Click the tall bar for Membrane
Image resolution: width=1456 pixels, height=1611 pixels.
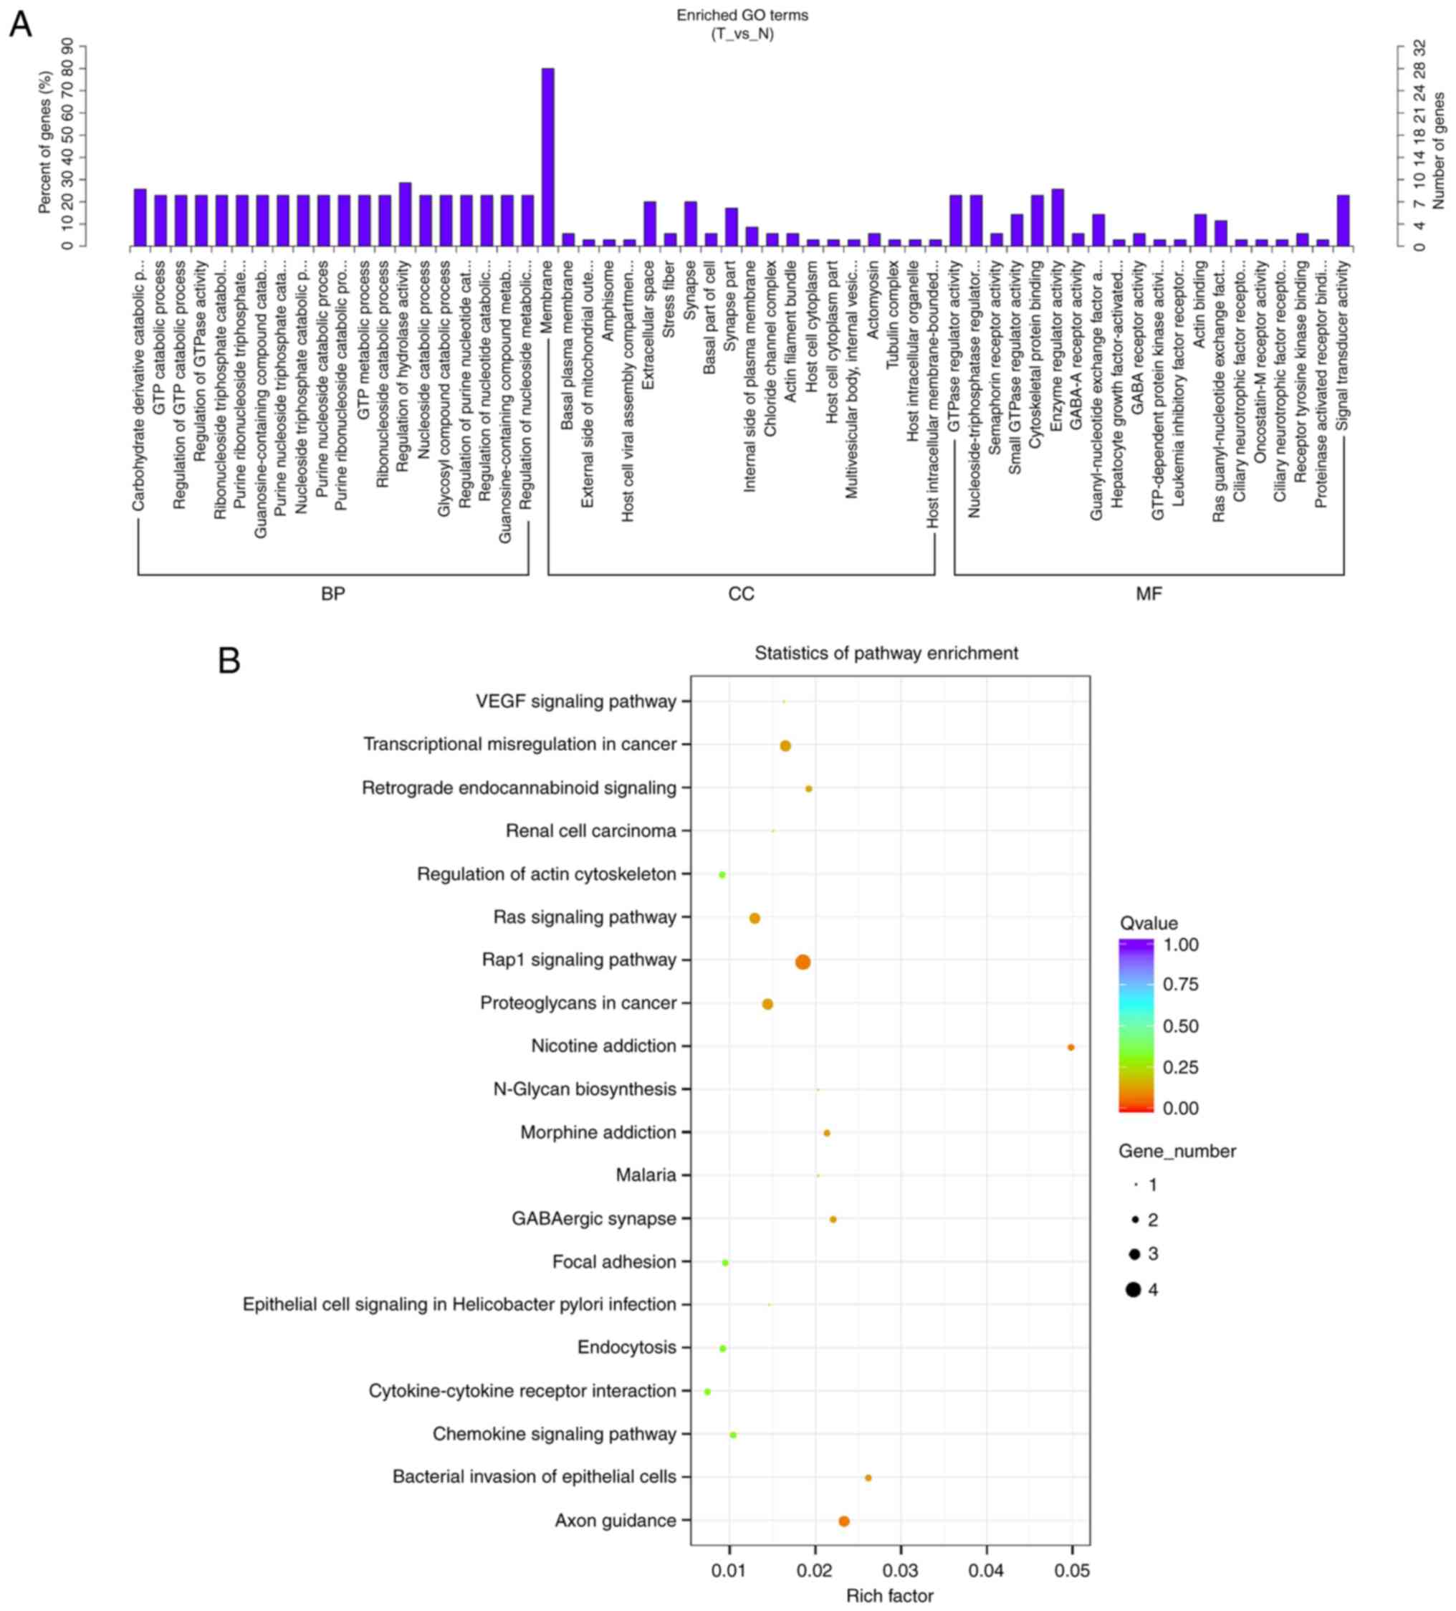(x=547, y=157)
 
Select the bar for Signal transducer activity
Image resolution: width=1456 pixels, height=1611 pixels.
(x=1343, y=220)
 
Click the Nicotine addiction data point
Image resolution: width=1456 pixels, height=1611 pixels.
(x=1070, y=1047)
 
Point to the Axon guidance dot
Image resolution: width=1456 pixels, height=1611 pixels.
(x=843, y=1521)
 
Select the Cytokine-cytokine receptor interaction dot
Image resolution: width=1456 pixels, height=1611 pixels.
(x=707, y=1391)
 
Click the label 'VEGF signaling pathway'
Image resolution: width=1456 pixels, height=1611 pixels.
(x=575, y=701)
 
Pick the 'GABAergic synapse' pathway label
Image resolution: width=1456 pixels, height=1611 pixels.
(x=594, y=1218)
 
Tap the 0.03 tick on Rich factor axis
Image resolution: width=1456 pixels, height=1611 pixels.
(x=901, y=1570)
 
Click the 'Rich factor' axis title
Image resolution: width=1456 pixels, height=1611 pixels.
(x=889, y=1596)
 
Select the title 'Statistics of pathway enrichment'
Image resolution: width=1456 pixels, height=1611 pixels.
(x=886, y=653)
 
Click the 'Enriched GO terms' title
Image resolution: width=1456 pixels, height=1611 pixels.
(x=742, y=15)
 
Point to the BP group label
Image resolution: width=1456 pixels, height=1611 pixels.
(x=332, y=594)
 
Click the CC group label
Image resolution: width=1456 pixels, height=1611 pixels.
(x=741, y=594)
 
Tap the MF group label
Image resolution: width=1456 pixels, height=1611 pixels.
(x=1149, y=594)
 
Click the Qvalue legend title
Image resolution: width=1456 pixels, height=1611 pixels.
(x=1149, y=923)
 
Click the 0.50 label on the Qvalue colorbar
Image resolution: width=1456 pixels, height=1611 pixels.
(x=1180, y=1026)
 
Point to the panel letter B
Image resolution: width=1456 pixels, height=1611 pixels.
(x=229, y=661)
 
